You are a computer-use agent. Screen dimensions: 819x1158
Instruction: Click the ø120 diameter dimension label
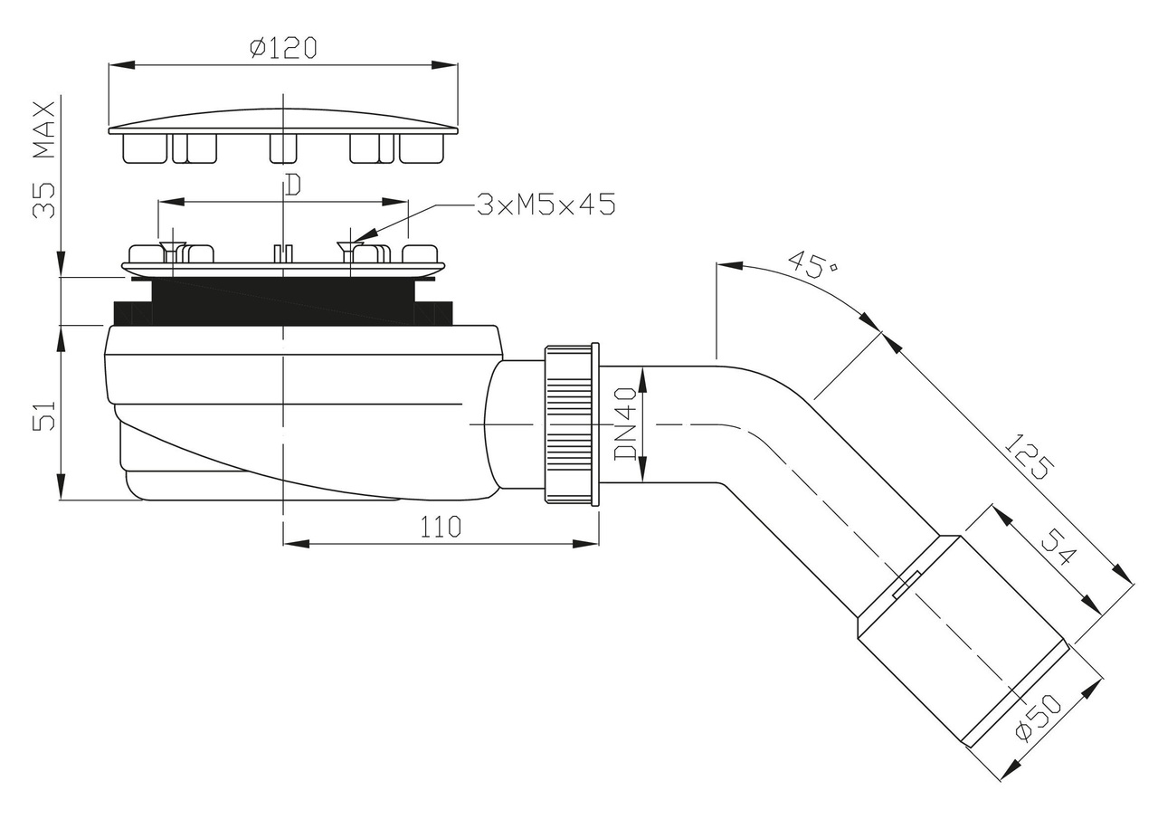[283, 48]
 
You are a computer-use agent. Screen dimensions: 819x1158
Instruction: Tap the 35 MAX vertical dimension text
[44, 159]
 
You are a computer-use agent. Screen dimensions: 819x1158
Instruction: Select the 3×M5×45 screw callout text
[546, 205]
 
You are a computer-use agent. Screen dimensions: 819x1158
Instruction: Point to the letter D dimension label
[292, 185]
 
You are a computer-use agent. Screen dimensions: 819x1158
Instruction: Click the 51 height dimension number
[44, 415]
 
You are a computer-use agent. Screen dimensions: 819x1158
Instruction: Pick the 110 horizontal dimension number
[440, 527]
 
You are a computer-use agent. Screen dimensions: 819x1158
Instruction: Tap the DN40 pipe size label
[626, 426]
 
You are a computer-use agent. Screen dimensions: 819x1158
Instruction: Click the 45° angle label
[811, 265]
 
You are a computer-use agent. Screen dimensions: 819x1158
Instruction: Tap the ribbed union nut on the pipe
[571, 424]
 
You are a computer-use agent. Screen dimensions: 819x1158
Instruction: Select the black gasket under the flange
[283, 300]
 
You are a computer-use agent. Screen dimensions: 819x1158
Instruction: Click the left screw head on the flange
[170, 248]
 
